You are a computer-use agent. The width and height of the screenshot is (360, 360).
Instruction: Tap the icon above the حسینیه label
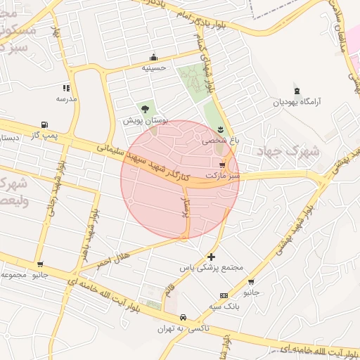pos(153,58)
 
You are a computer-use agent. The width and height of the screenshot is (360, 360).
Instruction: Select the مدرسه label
pos(66,99)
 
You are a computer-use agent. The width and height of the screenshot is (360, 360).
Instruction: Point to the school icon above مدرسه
pos(66,89)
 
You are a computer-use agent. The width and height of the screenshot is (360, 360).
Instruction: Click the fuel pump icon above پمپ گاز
pos(45,124)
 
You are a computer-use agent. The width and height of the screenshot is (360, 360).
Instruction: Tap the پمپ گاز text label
pos(44,134)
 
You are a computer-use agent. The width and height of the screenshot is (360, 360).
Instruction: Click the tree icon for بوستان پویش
pos(145,109)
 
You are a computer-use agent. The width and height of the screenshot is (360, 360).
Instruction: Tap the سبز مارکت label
pos(223,174)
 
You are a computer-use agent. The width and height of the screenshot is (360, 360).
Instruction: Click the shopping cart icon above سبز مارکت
pos(223,163)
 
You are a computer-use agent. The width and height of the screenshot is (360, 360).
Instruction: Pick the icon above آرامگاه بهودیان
pos(297,90)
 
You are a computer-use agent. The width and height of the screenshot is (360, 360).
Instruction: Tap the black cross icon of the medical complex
pos(212,257)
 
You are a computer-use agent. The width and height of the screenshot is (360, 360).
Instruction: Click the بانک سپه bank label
pos(224,306)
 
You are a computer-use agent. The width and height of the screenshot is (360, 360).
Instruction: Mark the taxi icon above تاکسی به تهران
pos(184,317)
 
